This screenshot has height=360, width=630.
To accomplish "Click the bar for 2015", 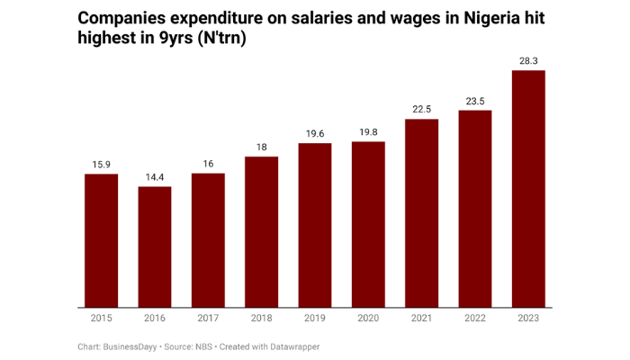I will tap(101, 240).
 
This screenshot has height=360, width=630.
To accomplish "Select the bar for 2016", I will tap(155, 247).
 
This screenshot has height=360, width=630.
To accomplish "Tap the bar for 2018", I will tap(262, 232).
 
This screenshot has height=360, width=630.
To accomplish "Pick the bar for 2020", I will tap(368, 225).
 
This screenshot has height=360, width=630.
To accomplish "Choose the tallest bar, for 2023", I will tap(528, 189).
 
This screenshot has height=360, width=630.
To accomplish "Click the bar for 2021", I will tap(421, 213).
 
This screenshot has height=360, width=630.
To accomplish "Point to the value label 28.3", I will tap(528, 60).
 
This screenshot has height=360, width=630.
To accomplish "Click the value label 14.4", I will tap(155, 177).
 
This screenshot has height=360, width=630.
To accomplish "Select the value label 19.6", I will tap(315, 133).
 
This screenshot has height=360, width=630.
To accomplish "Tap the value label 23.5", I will tap(475, 101).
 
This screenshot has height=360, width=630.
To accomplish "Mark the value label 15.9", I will tap(101, 165).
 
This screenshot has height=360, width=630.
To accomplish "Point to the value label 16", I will tap(208, 164).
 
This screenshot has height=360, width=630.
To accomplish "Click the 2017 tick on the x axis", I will tap(208, 318).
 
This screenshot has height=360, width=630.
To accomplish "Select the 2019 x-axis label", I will tap(315, 318).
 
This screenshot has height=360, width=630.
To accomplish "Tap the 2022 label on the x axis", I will tap(475, 318).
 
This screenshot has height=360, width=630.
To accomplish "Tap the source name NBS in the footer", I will tap(203, 346).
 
